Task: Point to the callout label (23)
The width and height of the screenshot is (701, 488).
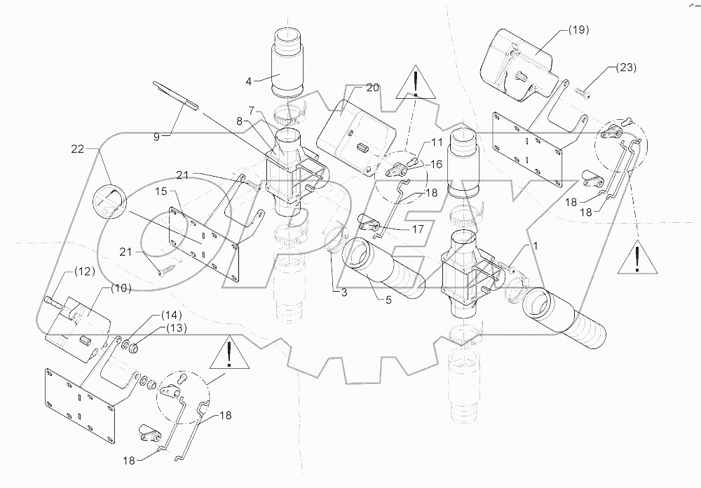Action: point(626,67)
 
